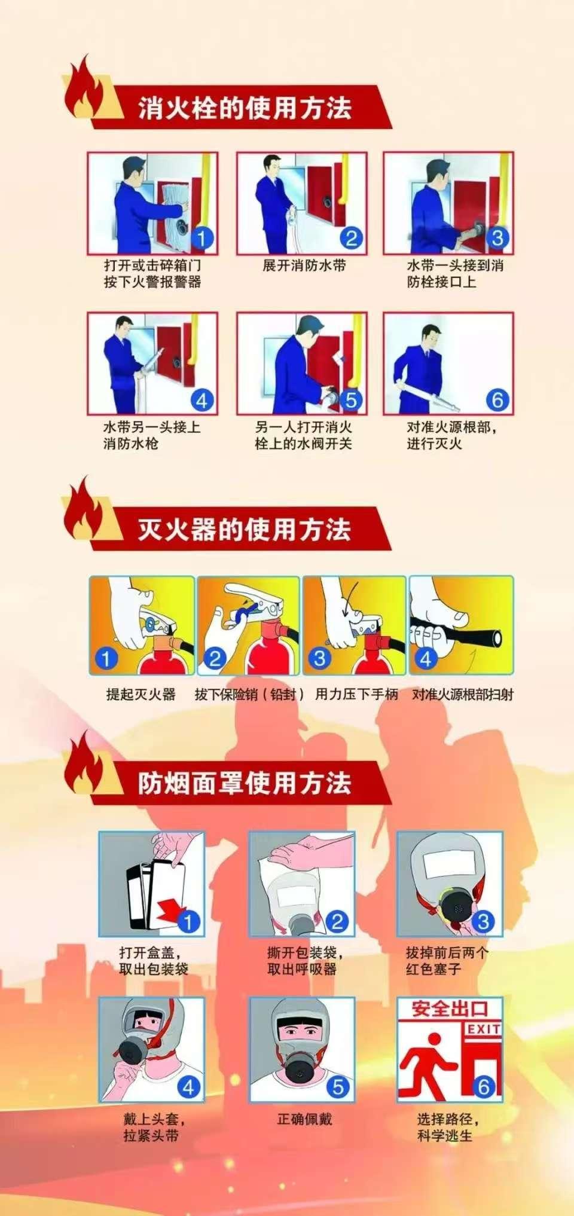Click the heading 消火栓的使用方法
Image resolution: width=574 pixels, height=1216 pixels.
[245, 108]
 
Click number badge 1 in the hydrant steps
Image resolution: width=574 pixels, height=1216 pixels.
[201, 239]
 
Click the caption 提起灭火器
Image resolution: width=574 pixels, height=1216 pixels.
[141, 694]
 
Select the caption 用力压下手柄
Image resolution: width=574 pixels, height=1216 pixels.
[356, 694]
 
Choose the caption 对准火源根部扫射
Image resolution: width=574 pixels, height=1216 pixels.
[462, 694]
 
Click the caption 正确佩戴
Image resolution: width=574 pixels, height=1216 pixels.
[304, 1119]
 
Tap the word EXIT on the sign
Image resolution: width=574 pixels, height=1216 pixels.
[484, 1029]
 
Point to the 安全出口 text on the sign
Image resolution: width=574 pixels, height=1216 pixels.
[450, 1010]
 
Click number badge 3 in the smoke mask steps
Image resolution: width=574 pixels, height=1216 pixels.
[483, 921]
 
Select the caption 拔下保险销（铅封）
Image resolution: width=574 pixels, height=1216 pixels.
[250, 694]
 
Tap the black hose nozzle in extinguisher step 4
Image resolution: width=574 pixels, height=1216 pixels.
[457, 632]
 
